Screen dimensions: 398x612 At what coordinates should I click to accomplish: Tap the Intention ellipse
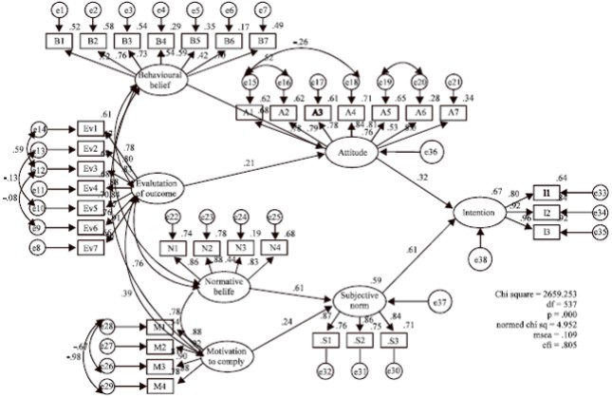point(479,213)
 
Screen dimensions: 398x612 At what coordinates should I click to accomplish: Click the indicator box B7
point(260,42)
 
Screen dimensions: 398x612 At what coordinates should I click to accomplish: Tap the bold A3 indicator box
point(319,112)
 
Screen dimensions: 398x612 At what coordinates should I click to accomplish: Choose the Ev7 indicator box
point(90,250)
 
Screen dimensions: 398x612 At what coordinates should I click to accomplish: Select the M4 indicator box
point(160,385)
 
